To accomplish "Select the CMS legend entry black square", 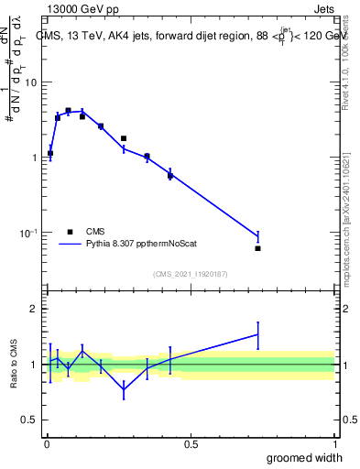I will click(70, 232).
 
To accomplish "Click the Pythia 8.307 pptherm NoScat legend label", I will click(146, 245).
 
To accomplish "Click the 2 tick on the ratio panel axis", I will click(35, 309).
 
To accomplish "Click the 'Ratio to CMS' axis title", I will click(14, 364).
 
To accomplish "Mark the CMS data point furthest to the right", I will click(257, 248).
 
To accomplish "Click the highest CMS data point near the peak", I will click(68, 110).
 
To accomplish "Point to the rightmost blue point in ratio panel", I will click(257, 334).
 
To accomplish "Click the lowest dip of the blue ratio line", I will click(124, 389).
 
